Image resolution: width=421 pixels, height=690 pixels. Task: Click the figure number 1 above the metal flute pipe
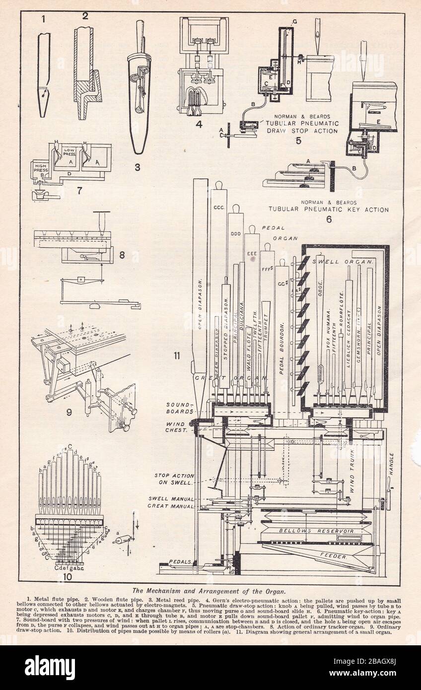pyautogui.click(x=43, y=19)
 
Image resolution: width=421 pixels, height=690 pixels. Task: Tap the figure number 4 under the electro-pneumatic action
pyautogui.click(x=199, y=124)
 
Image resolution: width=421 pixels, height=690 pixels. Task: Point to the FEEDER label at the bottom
pyautogui.click(x=333, y=556)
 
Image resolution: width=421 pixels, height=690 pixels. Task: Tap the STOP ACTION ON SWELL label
pyautogui.click(x=174, y=479)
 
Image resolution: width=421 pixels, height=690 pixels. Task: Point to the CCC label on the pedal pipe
pyautogui.click(x=218, y=207)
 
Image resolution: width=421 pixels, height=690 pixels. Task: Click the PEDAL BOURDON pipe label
pyautogui.click(x=281, y=347)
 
